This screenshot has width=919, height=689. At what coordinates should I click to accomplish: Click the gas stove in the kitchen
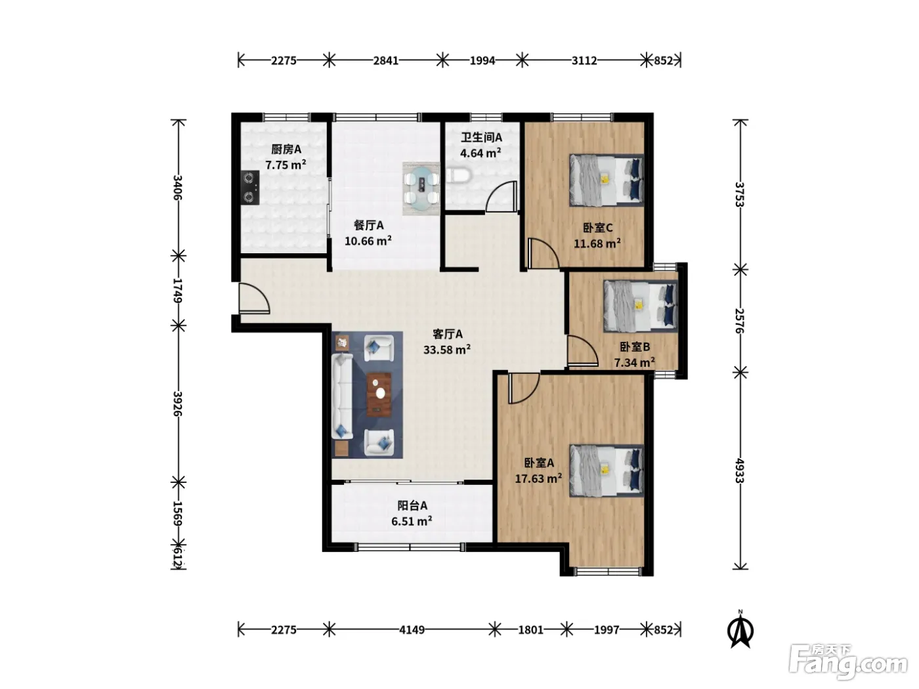coord(250,188)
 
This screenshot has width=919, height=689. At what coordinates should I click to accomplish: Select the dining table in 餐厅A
coord(421,189)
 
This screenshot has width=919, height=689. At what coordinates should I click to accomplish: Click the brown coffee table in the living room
coord(379,394)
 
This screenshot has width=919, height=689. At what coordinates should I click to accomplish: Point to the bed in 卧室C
coord(607,180)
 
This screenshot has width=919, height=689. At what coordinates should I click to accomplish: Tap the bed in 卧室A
coord(607,470)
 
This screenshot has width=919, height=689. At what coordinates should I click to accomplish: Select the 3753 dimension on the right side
coord(740,194)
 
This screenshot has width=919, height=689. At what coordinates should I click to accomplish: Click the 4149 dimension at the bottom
coord(412,629)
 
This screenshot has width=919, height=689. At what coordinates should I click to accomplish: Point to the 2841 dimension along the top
coord(385,60)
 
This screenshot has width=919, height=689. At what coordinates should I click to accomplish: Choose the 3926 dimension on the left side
coord(177,404)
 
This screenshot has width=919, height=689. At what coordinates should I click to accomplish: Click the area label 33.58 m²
coord(447,349)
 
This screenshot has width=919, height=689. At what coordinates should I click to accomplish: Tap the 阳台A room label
coord(412,506)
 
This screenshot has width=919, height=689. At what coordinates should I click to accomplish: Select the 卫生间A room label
coord(481,137)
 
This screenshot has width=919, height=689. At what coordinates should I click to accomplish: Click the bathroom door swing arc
coord(500,196)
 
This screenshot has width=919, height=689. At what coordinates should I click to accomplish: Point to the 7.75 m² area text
coord(286,165)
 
